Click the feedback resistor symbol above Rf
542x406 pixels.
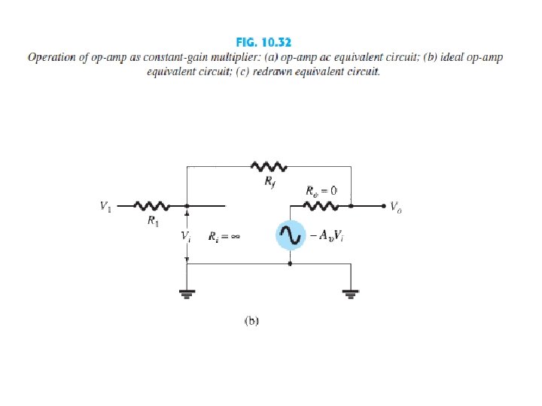[x=269, y=165]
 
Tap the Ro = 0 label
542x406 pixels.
[x=321, y=191]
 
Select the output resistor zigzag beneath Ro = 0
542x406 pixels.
[x=321, y=205]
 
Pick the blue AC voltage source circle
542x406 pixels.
[x=290, y=236]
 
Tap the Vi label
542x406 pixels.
[x=185, y=236]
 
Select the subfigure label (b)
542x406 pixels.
[x=251, y=320]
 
